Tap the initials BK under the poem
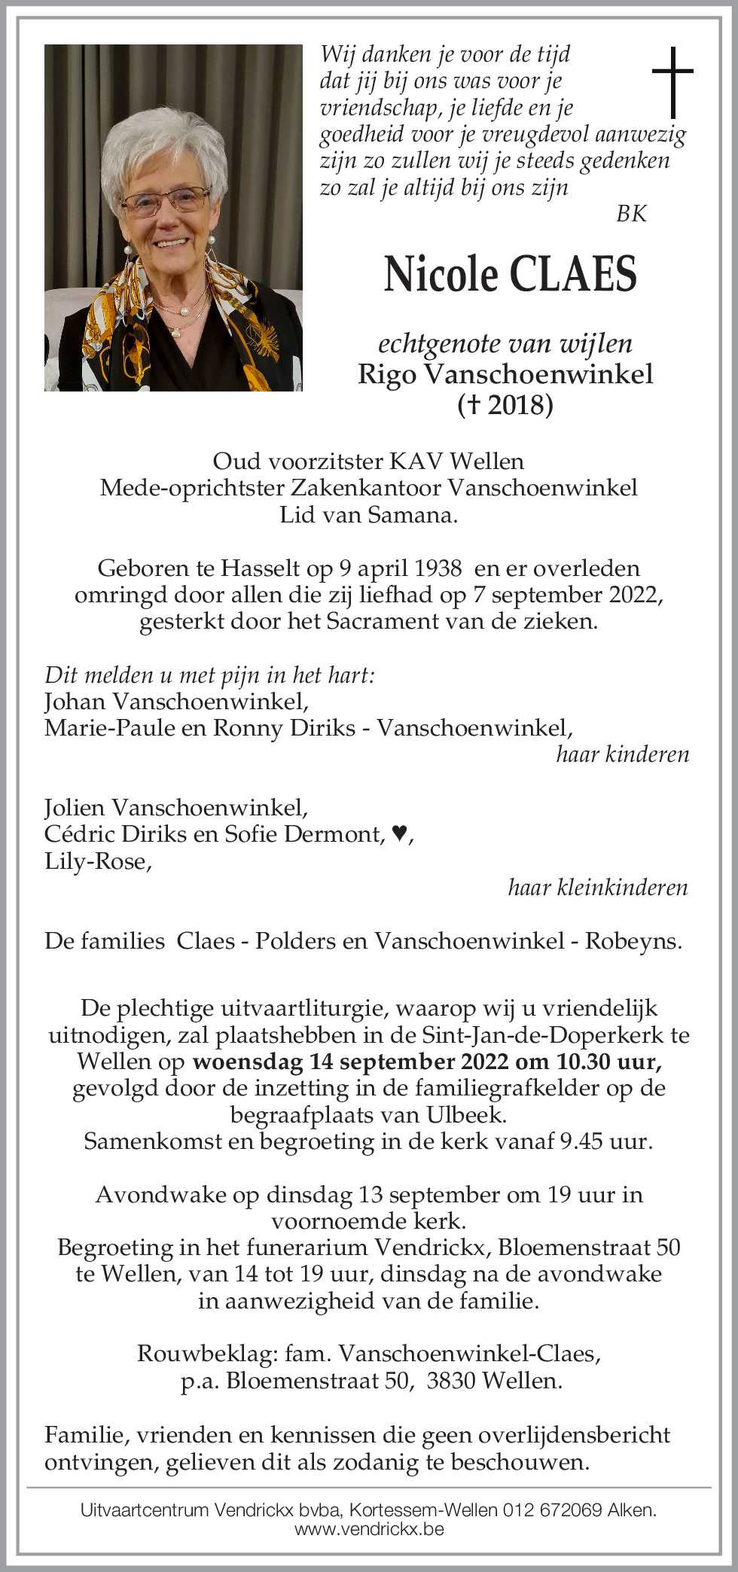pos(631,214)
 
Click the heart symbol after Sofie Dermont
pos(400,833)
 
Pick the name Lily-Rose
pos(96,861)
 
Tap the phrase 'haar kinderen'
pos(622,754)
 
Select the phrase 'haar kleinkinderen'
pos(598,888)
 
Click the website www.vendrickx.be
pos(369,1529)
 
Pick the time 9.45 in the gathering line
pos(581,1141)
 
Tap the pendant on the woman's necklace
pos(176,331)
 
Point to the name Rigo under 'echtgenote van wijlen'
pos(387,374)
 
